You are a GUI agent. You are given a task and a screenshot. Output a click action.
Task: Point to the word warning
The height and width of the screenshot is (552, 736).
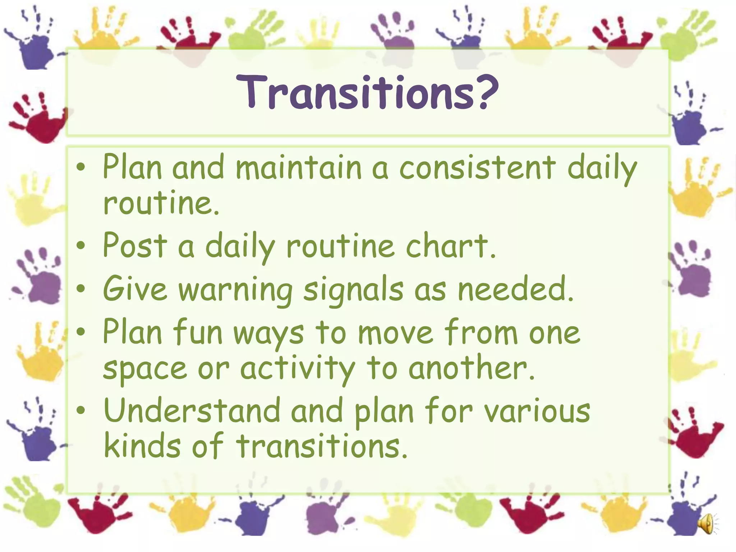pos(235,290)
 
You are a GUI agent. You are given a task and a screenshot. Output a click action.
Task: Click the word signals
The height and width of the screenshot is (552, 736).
pos(353,290)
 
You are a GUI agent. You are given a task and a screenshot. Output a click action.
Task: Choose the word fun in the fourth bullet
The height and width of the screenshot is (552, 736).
pos(198,333)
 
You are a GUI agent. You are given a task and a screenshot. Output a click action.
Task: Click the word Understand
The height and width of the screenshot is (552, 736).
pos(192,411)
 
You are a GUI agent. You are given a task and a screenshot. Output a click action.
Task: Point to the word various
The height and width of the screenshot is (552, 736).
pos(537,412)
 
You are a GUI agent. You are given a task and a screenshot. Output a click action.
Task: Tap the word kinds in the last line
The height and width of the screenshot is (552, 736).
pos(142,446)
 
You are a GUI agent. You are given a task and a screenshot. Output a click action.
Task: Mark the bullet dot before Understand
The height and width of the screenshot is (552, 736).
pos(82,410)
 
